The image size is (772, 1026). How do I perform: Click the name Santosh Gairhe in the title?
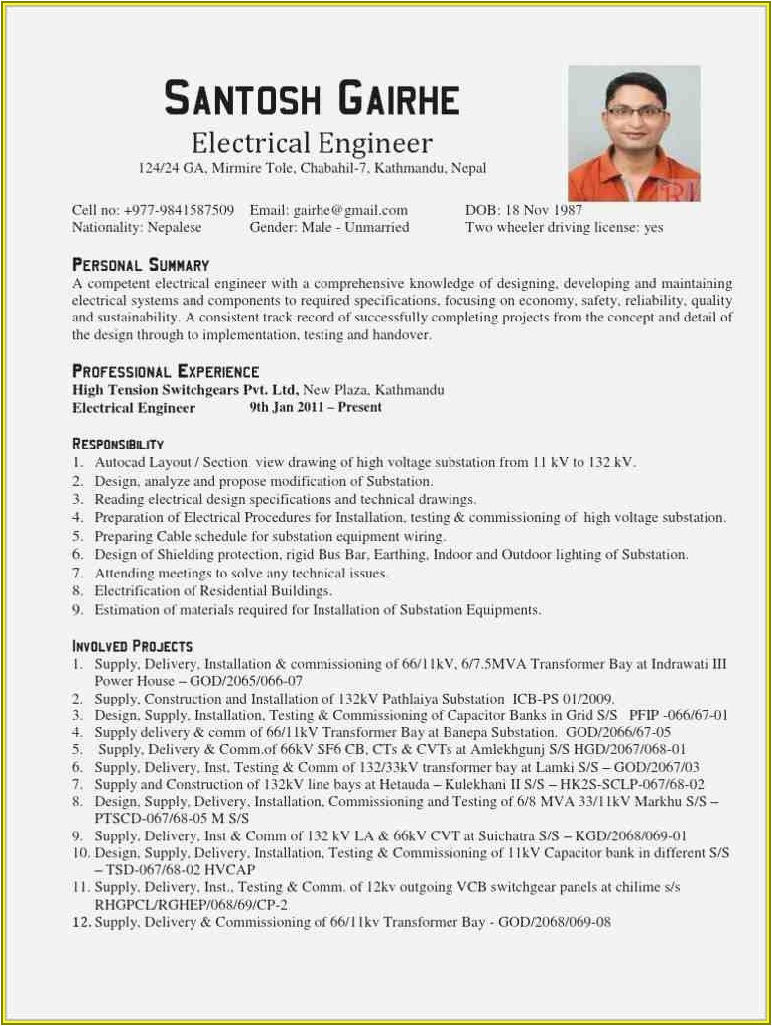pos(312,99)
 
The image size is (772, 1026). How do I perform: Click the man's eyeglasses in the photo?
pos(635,112)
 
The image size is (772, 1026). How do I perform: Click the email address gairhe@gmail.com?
pos(350,210)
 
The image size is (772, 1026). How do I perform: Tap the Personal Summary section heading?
pos(141,265)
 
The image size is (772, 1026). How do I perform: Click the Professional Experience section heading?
pos(166,371)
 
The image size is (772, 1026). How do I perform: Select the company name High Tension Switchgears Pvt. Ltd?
pos(186,390)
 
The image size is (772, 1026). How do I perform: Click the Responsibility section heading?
pos(118,444)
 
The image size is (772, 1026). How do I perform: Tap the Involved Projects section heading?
pos(132,646)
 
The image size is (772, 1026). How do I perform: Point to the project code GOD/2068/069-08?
pos(555,922)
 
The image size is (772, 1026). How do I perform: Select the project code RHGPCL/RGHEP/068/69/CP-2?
pos(191,905)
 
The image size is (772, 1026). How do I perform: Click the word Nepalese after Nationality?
pos(175,227)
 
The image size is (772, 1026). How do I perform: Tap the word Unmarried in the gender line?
pos(376,227)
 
